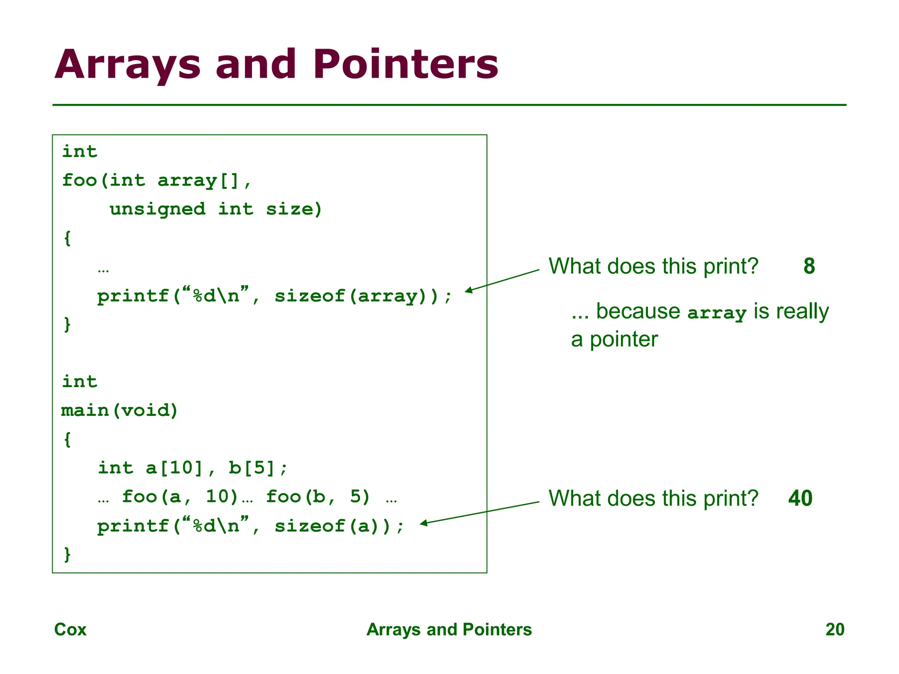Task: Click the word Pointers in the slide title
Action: click(x=405, y=65)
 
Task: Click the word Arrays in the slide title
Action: click(x=127, y=65)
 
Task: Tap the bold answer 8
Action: click(x=809, y=266)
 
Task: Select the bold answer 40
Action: click(x=800, y=498)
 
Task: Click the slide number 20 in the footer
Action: click(x=834, y=629)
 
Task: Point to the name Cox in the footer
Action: click(x=70, y=629)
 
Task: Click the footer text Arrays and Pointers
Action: click(x=449, y=629)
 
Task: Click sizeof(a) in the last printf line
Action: click(x=332, y=526)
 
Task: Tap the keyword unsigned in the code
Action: click(x=158, y=209)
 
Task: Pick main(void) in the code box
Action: click(x=119, y=410)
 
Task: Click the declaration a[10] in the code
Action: click(x=174, y=468)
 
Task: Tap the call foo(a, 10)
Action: click(x=180, y=497)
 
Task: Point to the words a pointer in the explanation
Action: click(x=614, y=339)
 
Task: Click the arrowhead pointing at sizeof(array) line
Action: click(x=468, y=290)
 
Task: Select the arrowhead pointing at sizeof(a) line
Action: click(x=423, y=523)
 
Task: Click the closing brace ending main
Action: click(x=67, y=554)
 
